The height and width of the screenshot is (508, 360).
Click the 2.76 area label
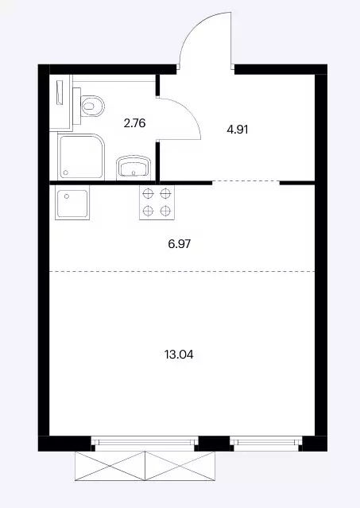point(134,123)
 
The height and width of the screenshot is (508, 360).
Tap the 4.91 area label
point(238,130)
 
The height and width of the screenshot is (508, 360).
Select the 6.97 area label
point(180,243)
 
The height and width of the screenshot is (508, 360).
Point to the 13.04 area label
point(179,355)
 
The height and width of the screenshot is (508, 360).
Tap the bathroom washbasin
point(134,168)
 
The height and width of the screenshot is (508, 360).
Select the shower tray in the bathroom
point(81,157)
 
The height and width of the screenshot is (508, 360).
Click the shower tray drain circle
point(66,173)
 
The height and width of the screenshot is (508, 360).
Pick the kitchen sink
point(72,204)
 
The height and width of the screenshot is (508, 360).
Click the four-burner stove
point(157,203)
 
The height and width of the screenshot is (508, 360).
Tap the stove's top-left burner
point(148,194)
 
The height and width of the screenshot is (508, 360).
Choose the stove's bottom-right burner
point(165,211)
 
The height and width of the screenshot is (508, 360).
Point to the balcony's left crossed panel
point(110,466)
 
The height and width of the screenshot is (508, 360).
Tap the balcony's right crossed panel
point(180,466)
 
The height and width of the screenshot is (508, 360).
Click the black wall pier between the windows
point(214,444)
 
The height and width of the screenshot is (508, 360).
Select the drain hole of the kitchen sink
point(67,196)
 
